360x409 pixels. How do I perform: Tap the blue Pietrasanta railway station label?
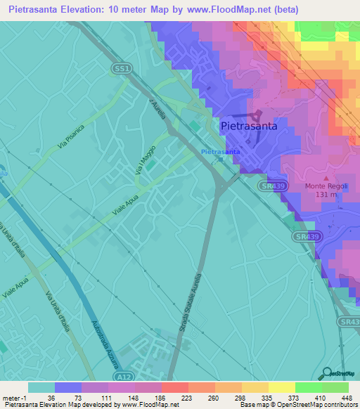pos(221,152)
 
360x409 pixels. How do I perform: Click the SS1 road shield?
pos(122,68)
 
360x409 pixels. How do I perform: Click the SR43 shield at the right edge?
pos(348,321)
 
